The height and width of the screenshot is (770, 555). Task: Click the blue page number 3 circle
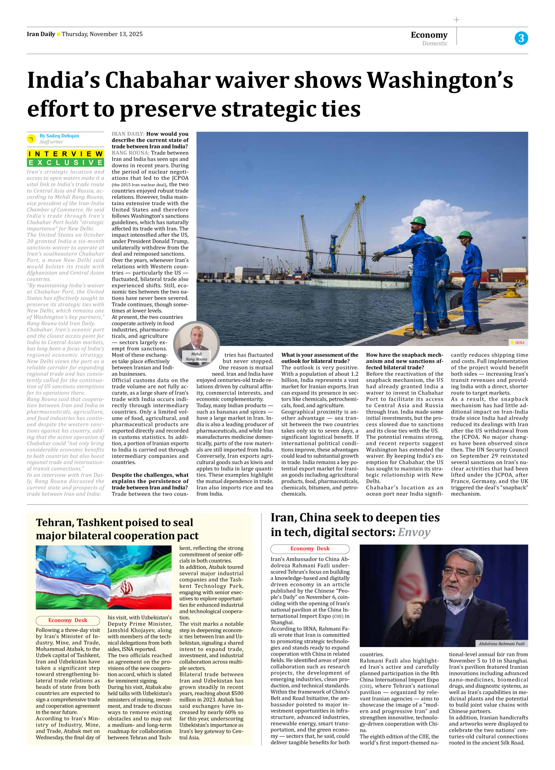click(521, 38)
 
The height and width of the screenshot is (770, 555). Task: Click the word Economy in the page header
click(429, 35)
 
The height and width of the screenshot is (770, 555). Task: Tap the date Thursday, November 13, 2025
click(102, 34)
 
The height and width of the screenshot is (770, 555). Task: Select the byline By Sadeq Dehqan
click(59, 136)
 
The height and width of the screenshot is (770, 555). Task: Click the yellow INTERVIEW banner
click(65, 154)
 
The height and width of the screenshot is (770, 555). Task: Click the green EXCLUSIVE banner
click(65, 163)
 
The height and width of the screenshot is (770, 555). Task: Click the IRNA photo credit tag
click(518, 342)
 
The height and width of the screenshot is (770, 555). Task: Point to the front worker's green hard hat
click(418, 221)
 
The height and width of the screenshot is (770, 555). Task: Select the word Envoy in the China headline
click(414, 532)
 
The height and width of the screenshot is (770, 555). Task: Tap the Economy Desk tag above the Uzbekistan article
click(67, 620)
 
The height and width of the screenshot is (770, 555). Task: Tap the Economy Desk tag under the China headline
click(310, 549)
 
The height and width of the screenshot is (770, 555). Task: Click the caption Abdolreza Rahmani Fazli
click(501, 643)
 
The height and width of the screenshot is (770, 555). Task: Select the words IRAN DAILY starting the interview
click(128, 134)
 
